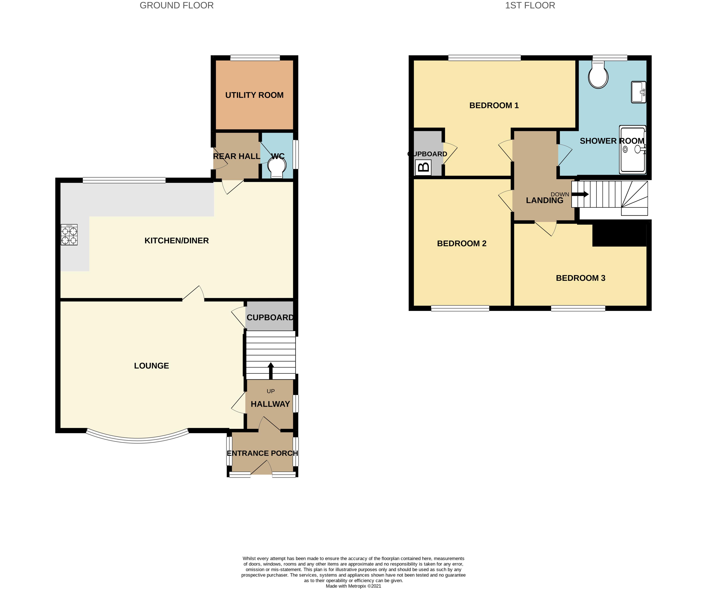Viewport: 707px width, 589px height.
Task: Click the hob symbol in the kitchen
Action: (x=69, y=235)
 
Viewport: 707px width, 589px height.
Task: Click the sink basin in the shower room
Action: (x=638, y=92)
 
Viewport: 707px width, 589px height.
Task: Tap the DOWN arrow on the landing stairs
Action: (x=580, y=194)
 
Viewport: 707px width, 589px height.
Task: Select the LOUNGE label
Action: (x=152, y=366)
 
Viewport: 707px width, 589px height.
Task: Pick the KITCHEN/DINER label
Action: (x=177, y=241)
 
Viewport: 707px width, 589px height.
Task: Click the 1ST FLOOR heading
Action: (x=530, y=6)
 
